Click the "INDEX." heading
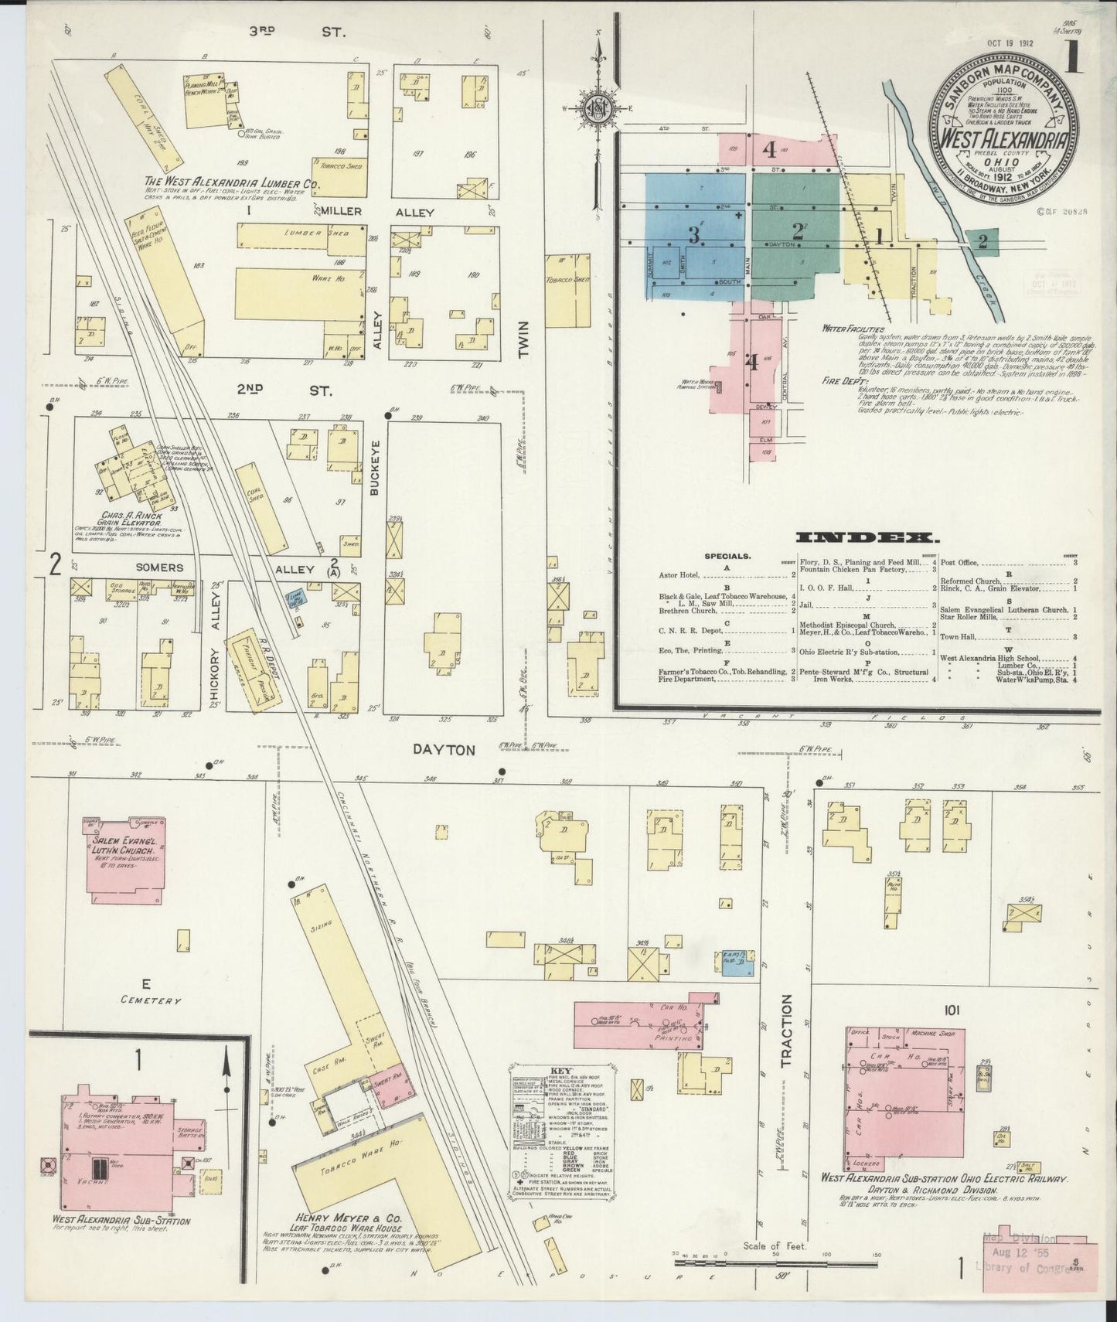pos(867,538)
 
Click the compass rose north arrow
pos(599,107)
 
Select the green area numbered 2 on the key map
pos(796,231)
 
